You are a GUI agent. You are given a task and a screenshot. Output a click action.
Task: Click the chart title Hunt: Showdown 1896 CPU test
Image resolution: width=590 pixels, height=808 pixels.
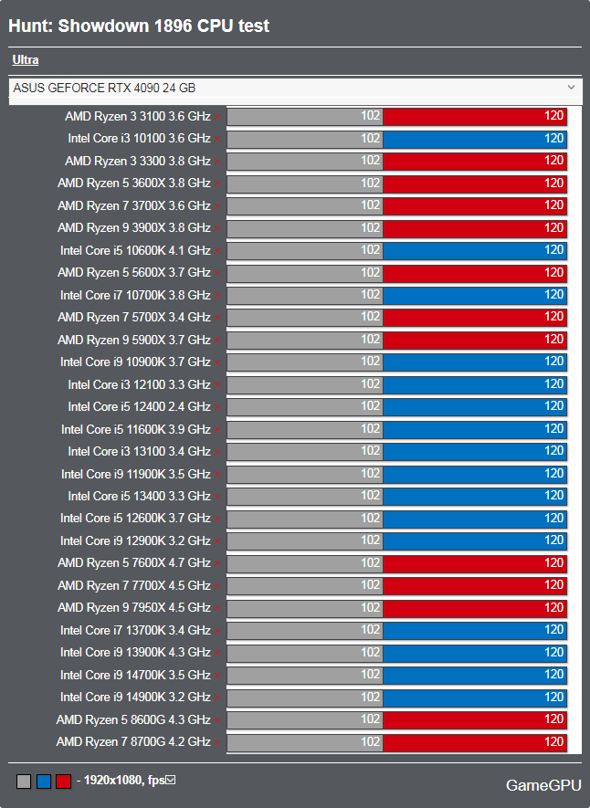pyautogui.click(x=139, y=26)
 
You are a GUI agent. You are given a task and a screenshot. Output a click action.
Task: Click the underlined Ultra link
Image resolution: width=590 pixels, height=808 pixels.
pyautogui.click(x=26, y=59)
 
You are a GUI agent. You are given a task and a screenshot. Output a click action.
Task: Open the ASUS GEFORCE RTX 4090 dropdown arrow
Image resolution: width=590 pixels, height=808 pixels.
pyautogui.click(x=571, y=87)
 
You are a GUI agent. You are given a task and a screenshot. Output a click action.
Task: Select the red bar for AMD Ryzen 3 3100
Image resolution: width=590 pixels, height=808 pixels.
pyautogui.click(x=475, y=116)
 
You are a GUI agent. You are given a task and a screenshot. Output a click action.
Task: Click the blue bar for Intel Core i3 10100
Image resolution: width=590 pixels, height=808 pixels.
pyautogui.click(x=475, y=139)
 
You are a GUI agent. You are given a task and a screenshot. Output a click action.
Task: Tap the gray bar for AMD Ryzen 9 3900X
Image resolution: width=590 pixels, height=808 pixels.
pyautogui.click(x=304, y=227)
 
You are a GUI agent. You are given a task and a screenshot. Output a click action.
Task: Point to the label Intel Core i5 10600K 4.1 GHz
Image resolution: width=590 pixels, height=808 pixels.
pyautogui.click(x=135, y=250)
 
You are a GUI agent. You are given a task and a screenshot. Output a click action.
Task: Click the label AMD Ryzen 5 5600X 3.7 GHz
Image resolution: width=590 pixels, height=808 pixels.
pyautogui.click(x=134, y=273)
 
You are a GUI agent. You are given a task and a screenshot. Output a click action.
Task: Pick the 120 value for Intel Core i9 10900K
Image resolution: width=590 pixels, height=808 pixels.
pyautogui.click(x=554, y=362)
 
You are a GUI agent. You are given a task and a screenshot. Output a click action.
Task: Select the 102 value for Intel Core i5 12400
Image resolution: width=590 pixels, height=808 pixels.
pyautogui.click(x=371, y=406)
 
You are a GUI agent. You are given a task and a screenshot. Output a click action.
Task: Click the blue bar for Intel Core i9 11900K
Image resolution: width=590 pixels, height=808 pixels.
pyautogui.click(x=475, y=474)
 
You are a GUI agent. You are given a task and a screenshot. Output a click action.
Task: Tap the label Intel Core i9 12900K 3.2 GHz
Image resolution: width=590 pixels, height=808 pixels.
pyautogui.click(x=135, y=540)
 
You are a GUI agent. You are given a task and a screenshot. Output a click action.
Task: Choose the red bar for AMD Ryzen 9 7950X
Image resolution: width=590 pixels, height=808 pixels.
pyautogui.click(x=475, y=607)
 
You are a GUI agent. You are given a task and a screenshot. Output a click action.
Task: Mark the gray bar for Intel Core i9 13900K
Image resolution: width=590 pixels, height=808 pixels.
pyautogui.click(x=304, y=653)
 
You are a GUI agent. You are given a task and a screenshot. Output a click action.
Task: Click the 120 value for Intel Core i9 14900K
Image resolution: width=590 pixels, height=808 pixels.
pyautogui.click(x=554, y=697)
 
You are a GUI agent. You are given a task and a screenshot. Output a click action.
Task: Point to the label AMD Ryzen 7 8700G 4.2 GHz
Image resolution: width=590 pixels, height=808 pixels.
pyautogui.click(x=133, y=741)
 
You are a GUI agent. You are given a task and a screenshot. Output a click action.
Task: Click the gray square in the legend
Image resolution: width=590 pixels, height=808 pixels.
pyautogui.click(x=24, y=782)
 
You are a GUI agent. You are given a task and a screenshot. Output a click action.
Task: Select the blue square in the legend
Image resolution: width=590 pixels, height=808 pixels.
pyautogui.click(x=44, y=782)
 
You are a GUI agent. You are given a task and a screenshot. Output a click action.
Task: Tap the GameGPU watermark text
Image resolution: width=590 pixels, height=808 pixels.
pyautogui.click(x=543, y=785)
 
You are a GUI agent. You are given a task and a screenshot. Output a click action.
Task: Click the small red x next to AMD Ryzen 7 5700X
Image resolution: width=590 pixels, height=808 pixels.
pyautogui.click(x=217, y=319)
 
